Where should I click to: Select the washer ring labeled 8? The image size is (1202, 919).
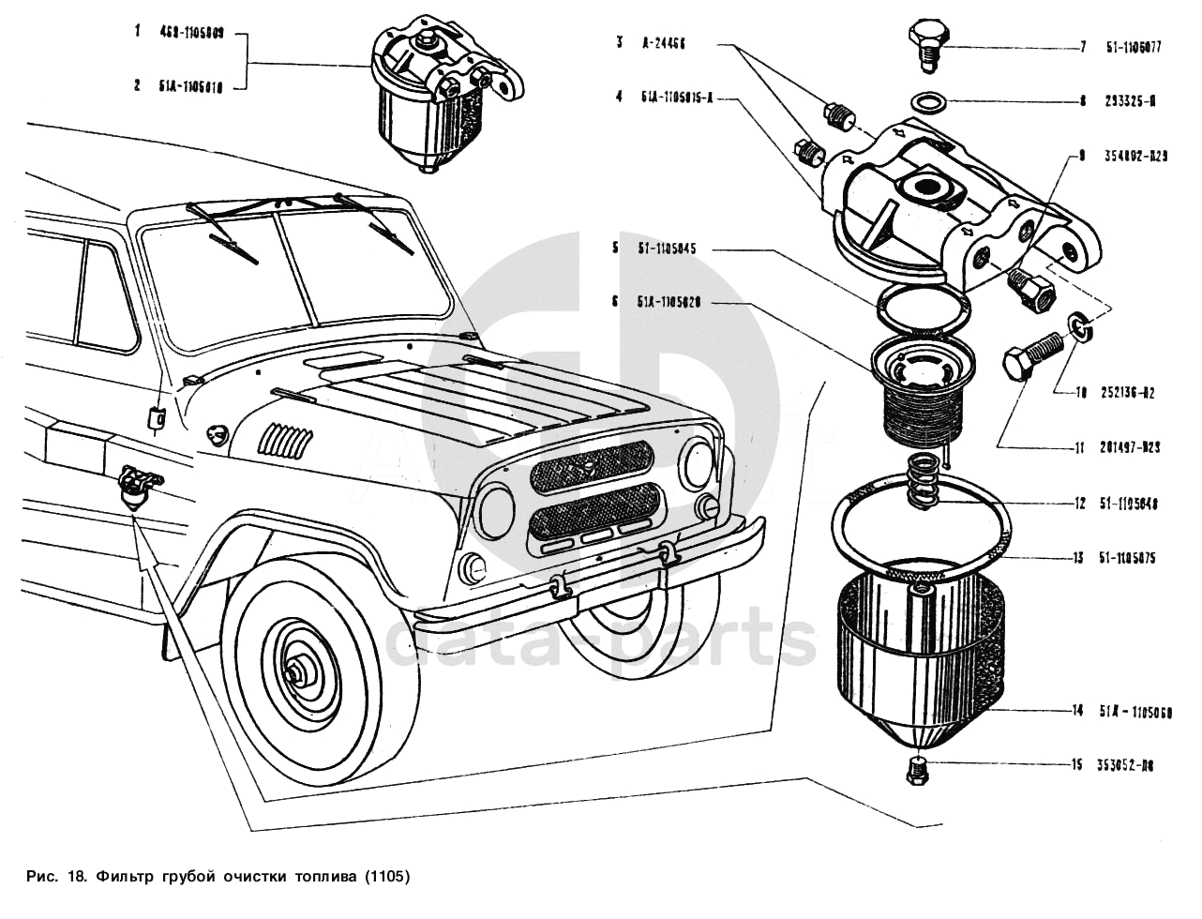(x=926, y=100)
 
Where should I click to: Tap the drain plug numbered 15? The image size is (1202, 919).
(x=917, y=772)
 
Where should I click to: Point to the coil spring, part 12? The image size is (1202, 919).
(x=924, y=480)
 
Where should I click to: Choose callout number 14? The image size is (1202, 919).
(x=1078, y=711)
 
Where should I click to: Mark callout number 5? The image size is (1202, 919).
(x=616, y=249)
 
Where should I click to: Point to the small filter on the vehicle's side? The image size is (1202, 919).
(x=136, y=488)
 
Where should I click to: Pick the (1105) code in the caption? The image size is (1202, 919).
(x=387, y=878)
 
